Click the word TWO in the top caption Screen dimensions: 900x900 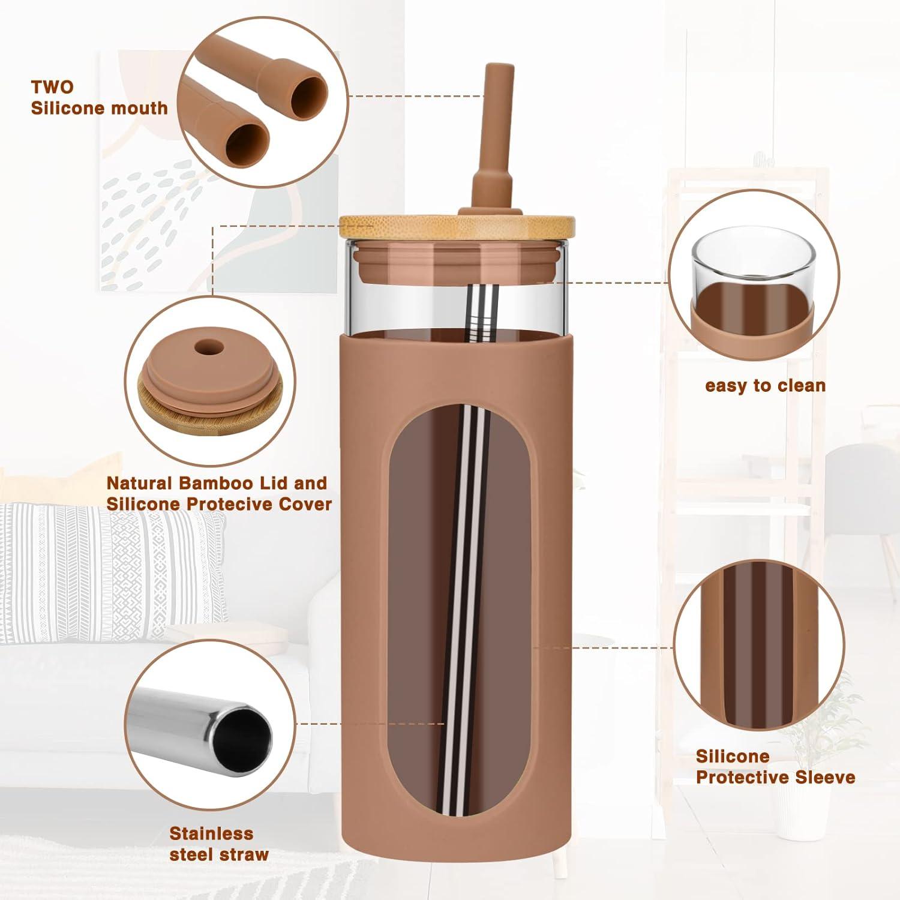tap(53, 87)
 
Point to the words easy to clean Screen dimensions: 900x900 tap(766, 386)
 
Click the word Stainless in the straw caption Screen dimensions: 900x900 tap(211, 833)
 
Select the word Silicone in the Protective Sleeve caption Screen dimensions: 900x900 tap(733, 756)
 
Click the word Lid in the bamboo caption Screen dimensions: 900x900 tap(278, 483)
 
